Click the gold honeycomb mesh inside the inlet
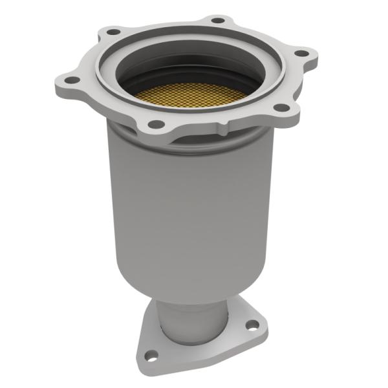pos(191,94)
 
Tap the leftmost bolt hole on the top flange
pos(72,80)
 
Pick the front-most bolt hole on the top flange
pos(156,124)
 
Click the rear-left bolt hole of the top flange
pos(114,31)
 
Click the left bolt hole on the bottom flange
pos(151,354)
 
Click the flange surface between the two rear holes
pos(165,26)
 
